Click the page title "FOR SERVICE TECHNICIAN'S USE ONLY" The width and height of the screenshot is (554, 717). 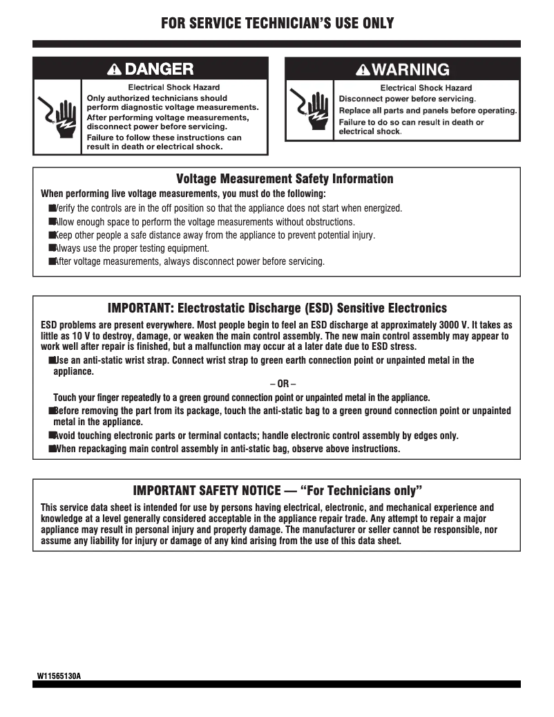277,24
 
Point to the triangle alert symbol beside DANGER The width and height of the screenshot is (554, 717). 115,68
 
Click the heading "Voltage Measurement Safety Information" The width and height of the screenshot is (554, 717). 285,179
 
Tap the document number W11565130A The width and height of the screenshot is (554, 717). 59,675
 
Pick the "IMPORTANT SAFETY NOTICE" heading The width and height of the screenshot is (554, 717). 277,491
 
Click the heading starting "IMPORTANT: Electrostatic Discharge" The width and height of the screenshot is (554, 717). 277,308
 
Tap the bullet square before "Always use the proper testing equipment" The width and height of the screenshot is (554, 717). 52,248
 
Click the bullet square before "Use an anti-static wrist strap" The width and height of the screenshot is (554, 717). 52,360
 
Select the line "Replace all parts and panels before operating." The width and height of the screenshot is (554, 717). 428,111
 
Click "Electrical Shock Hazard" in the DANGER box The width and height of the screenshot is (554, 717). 174,87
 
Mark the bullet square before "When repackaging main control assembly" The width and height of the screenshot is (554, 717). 52,449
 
